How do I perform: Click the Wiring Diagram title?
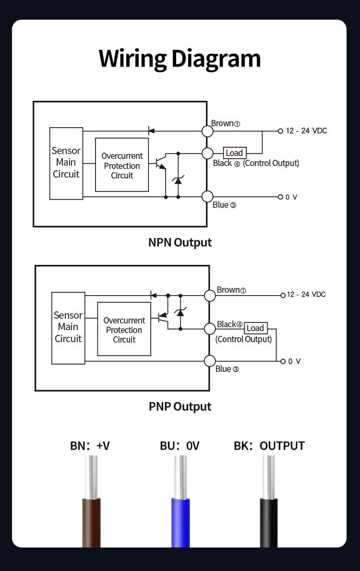click(180, 59)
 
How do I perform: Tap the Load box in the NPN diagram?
click(235, 153)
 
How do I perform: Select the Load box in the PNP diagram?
click(255, 328)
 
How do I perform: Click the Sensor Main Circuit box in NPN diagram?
click(66, 163)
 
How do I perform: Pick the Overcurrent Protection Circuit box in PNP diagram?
click(124, 329)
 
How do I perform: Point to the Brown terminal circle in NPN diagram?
click(207, 131)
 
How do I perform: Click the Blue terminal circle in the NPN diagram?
click(207, 197)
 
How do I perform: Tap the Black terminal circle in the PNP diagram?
click(210, 329)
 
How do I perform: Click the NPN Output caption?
click(180, 242)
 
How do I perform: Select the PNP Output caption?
click(180, 407)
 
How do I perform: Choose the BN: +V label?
click(90, 446)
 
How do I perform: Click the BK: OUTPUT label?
click(269, 446)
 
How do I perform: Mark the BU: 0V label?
click(180, 446)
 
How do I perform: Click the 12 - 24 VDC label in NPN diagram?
click(306, 131)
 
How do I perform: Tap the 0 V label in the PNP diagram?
click(294, 361)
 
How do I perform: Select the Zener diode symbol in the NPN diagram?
click(178, 180)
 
